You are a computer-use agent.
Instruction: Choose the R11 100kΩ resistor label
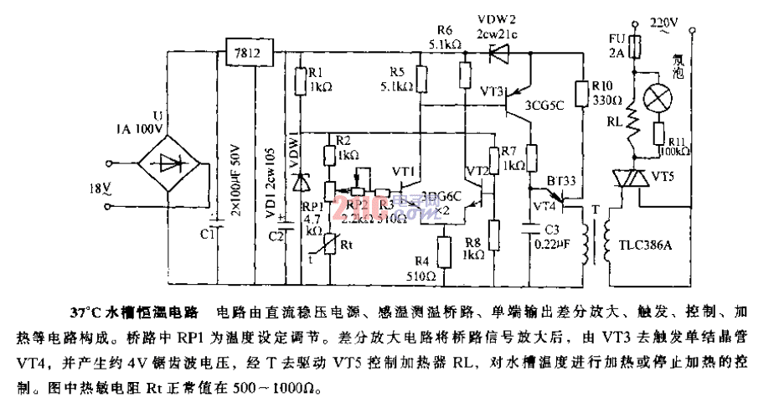[673, 146]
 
